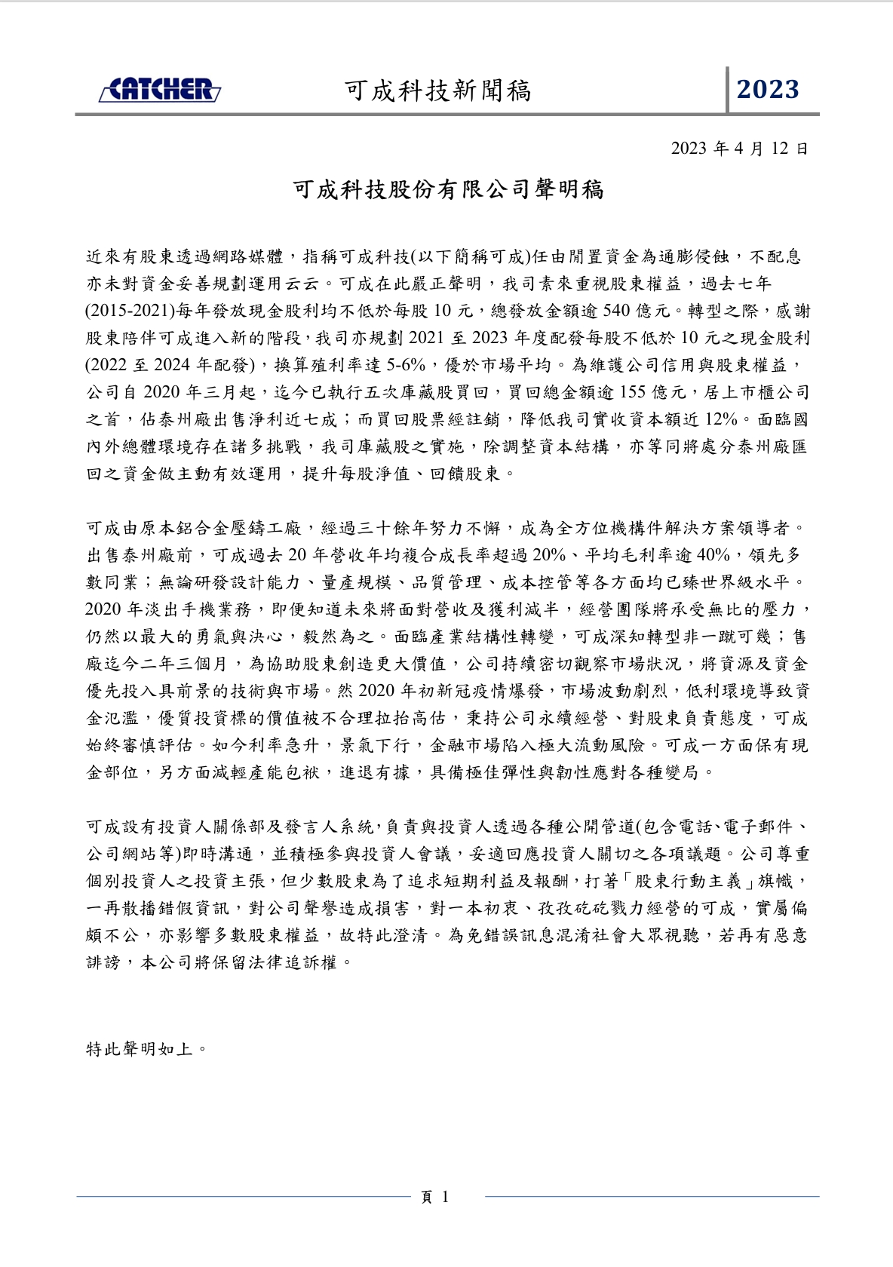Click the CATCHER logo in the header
tap(160, 90)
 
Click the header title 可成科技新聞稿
tap(437, 90)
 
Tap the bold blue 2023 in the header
tap(768, 90)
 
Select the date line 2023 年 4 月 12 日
tap(739, 149)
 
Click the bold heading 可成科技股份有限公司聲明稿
tap(448, 189)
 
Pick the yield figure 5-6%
tap(409, 365)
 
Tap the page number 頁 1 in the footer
tap(434, 1197)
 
